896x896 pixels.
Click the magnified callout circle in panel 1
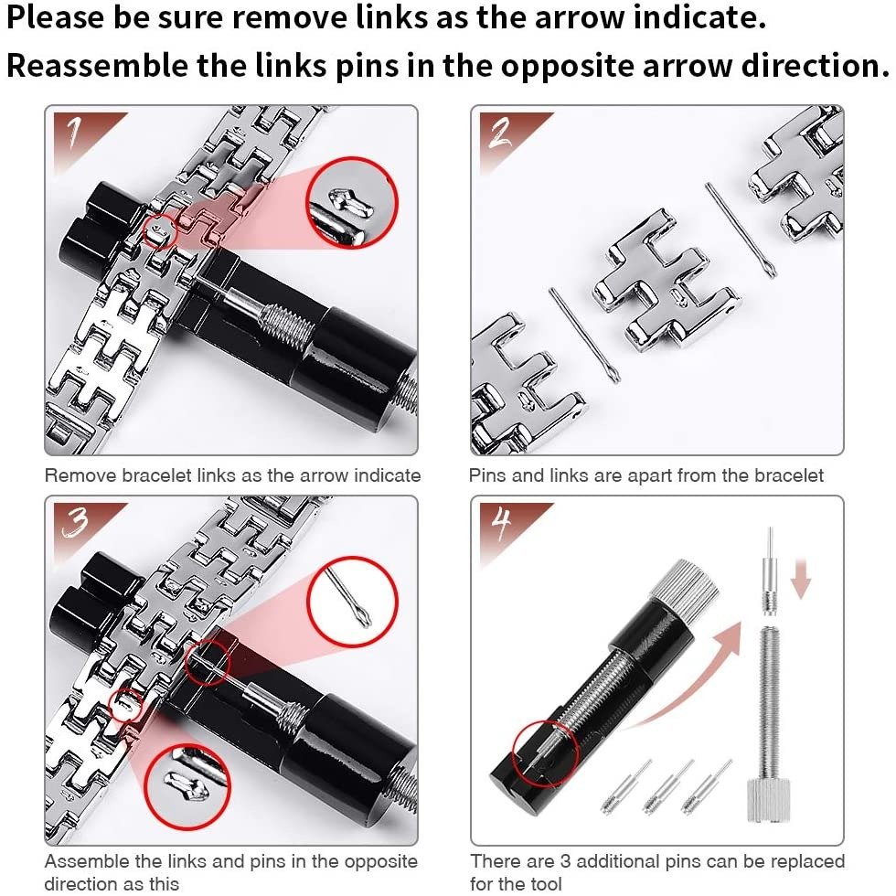[352, 159]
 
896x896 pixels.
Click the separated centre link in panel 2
[667, 280]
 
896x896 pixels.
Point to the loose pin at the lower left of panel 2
[584, 335]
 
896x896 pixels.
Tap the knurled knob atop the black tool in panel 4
[685, 586]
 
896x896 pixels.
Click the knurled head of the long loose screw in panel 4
[769, 800]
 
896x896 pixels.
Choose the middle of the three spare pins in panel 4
[668, 787]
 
